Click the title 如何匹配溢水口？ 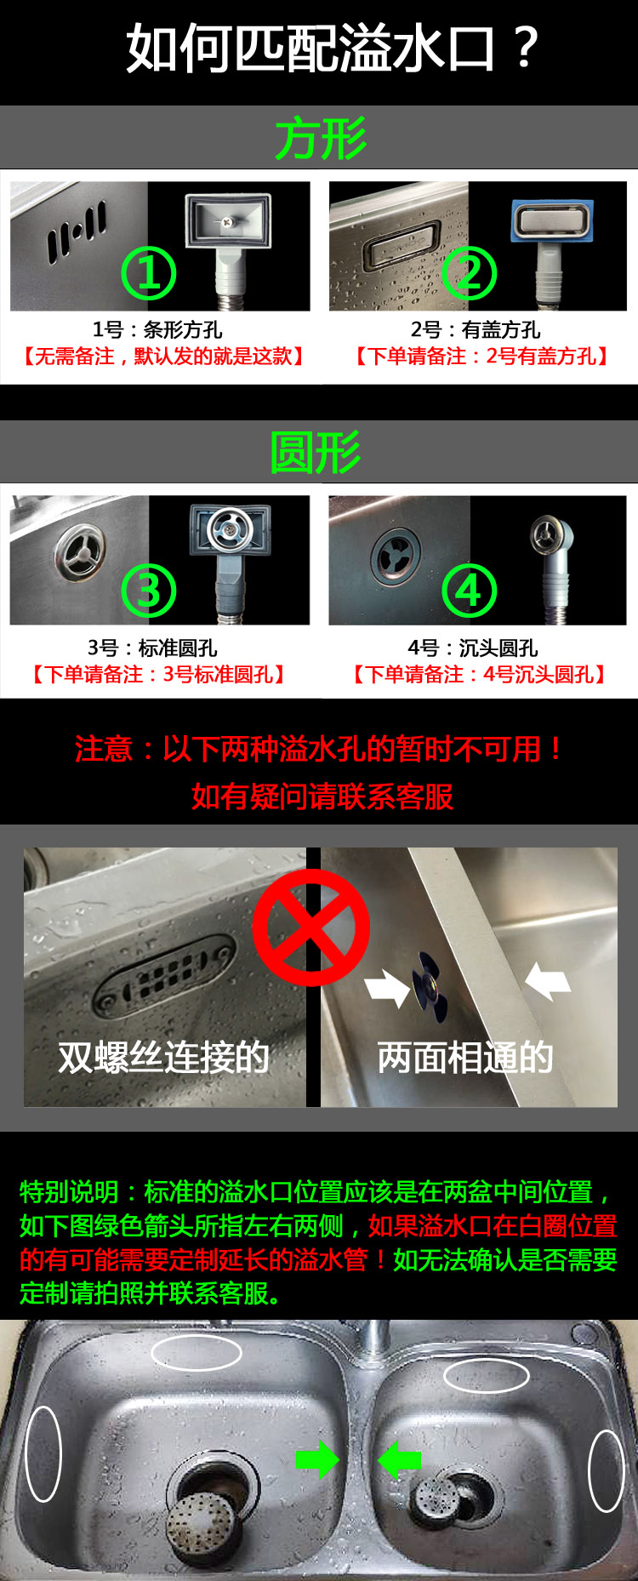[x=332, y=48]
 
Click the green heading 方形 [x=320, y=138]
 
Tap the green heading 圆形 [x=316, y=452]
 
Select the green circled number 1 [x=149, y=273]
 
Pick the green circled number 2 [x=470, y=273]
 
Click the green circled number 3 [x=149, y=591]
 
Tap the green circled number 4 [x=470, y=591]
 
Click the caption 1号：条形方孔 [x=157, y=329]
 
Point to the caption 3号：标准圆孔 [x=152, y=648]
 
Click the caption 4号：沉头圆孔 [x=473, y=648]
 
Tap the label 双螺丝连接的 [x=163, y=1057]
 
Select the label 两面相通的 [x=465, y=1057]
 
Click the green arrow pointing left [x=399, y=1460]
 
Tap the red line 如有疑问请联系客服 [x=322, y=796]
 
